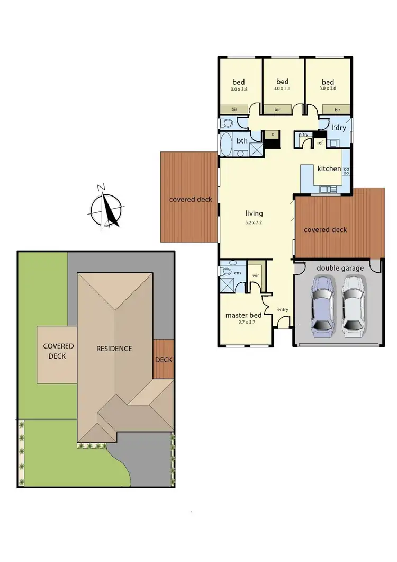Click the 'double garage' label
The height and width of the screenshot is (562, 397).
[x=340, y=268]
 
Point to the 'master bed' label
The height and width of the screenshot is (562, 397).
[x=241, y=315]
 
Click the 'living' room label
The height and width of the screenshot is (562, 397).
[x=254, y=213]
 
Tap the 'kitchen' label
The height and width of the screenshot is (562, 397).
[x=329, y=168]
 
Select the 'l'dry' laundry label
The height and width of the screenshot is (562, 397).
[x=338, y=128]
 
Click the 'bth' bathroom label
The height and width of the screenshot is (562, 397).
[x=242, y=141]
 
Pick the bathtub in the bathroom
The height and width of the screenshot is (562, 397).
[x=225, y=144]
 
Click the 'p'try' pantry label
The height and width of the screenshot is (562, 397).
[x=303, y=135]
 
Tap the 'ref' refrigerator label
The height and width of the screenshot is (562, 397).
[x=320, y=143]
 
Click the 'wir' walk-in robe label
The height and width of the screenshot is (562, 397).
[x=256, y=275]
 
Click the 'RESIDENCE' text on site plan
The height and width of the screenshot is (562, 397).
[x=114, y=349]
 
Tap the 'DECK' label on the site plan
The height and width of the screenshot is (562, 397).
[x=164, y=360]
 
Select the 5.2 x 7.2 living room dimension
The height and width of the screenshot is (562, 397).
[x=254, y=222]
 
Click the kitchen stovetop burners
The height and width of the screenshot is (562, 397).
[x=346, y=171]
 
